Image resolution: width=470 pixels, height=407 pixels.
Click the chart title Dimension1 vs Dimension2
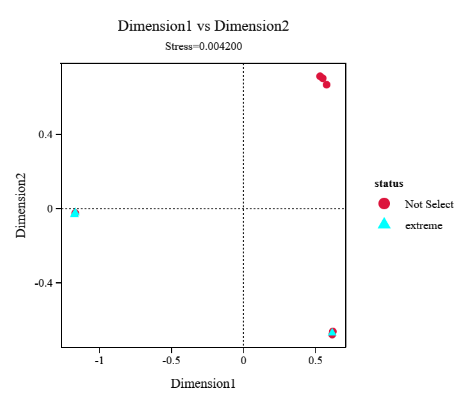pos(203,26)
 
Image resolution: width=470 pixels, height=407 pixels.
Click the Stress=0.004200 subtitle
pos(203,46)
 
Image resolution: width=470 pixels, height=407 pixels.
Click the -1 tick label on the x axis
pos(99,360)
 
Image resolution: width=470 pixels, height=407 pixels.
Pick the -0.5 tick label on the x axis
pos(171,360)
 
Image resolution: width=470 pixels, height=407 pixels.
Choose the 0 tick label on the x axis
pos(243,360)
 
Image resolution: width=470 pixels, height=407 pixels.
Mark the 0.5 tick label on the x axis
pos(315,360)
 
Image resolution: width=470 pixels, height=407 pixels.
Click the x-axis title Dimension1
pos(203,384)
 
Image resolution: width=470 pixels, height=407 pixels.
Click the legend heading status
pos(389,184)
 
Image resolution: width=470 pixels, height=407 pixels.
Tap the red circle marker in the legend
pos(384,204)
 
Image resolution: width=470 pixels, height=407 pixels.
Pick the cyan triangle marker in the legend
pos(384,224)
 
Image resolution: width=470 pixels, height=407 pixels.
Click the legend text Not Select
pos(429,204)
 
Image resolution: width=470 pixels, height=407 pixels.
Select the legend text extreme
pos(423,225)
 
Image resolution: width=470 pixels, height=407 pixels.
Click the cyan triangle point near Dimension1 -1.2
pos(75,212)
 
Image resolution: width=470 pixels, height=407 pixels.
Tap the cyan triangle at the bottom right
pos(332,332)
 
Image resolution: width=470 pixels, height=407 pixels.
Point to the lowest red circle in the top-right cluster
pos(327,84)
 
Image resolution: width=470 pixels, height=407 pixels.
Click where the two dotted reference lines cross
pos(243,209)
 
